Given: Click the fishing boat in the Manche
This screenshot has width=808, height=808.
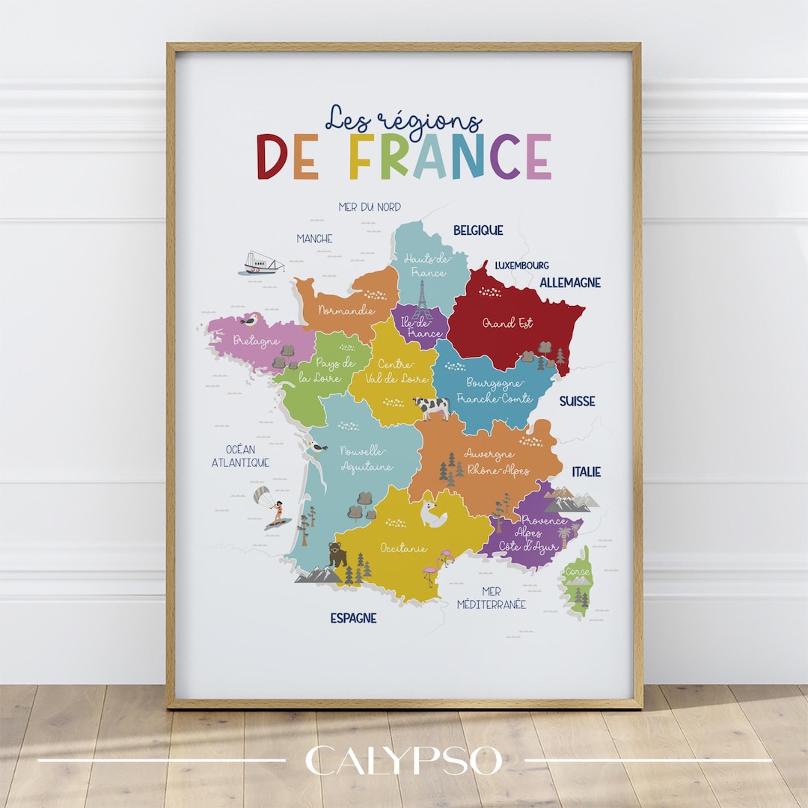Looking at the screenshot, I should coord(262,263).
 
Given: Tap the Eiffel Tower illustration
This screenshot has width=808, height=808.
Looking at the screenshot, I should coord(422,299).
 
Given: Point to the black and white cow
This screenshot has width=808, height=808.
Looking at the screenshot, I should coord(432,407).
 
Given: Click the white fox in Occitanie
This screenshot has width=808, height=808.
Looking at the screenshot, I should coord(432,515).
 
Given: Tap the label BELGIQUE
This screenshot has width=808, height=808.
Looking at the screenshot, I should coord(478,230).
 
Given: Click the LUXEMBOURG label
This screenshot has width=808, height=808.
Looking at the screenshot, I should coord(521,265).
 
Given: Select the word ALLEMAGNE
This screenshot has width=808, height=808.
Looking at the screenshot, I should coord(570,283).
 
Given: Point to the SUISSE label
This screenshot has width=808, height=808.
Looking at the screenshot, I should coord(578,401).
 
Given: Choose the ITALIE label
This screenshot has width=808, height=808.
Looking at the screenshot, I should coord(587,471).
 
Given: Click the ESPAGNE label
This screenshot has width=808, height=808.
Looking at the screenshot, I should coord(353,618).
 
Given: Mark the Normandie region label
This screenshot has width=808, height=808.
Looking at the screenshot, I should coord(346,309).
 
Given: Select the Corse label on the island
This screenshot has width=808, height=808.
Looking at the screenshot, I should coord(578,572).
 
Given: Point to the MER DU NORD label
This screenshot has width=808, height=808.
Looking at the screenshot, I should coord(370,206).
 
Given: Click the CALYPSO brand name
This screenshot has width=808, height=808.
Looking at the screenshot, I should coord(404,761).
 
